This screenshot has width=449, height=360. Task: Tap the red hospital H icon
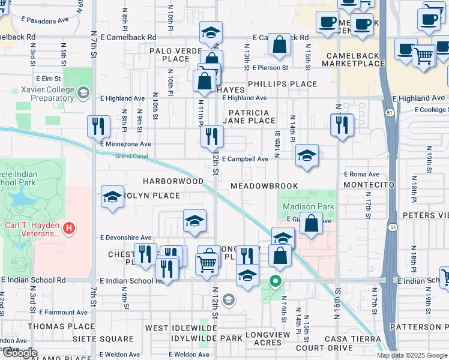70,228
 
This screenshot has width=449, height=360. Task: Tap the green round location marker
276,280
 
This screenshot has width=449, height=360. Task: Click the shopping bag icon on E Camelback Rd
279,44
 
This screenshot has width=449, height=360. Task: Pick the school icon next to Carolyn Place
112,197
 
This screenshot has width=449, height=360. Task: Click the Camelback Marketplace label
352,60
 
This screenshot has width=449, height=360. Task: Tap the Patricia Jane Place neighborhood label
249,116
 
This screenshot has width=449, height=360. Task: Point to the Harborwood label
173,181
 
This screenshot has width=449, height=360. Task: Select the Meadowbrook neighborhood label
265,186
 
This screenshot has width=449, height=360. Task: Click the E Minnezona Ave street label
125,144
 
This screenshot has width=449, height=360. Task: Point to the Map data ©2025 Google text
412,355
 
